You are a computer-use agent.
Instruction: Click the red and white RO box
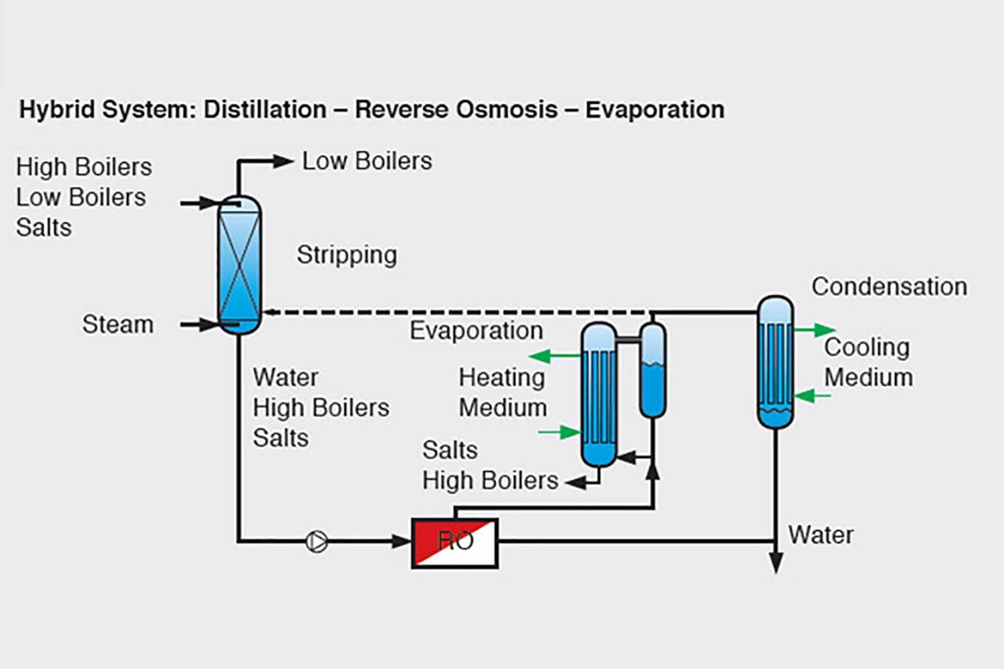point(454,543)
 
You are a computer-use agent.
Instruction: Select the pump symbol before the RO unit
point(317,543)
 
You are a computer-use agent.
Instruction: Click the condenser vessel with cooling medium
point(775,361)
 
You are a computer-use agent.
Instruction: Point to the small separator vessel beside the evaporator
point(653,370)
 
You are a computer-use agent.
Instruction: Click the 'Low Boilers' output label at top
point(367,161)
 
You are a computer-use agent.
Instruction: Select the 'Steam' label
point(118,324)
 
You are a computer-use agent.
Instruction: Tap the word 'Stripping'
point(346,255)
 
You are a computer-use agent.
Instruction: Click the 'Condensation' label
point(889,287)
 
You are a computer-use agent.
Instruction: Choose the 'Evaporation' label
point(475,330)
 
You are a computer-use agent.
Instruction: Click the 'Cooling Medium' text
point(868,362)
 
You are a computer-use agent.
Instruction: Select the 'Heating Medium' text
point(502,393)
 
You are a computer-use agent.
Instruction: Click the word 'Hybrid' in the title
point(51,110)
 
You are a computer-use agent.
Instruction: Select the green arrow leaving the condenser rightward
point(814,330)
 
